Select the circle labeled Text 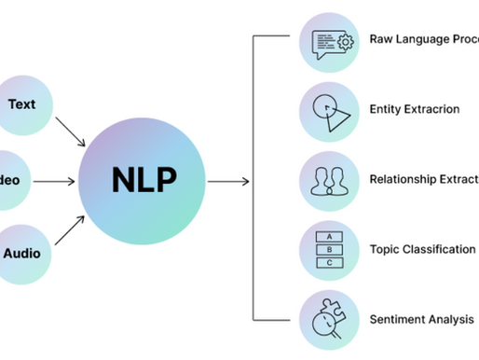tap(21, 105)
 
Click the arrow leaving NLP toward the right tap(228, 178)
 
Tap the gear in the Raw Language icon tap(344, 42)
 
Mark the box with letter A tap(328, 236)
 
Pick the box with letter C tap(328, 262)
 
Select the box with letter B tap(328, 249)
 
